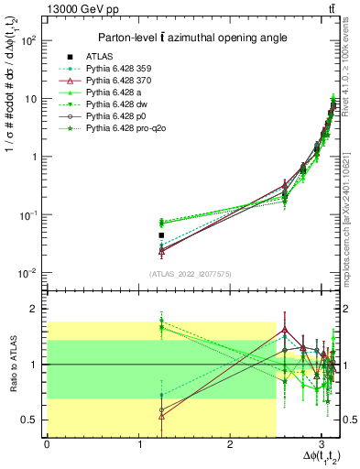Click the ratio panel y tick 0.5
(30, 420)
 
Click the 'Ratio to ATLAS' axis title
(10, 365)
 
